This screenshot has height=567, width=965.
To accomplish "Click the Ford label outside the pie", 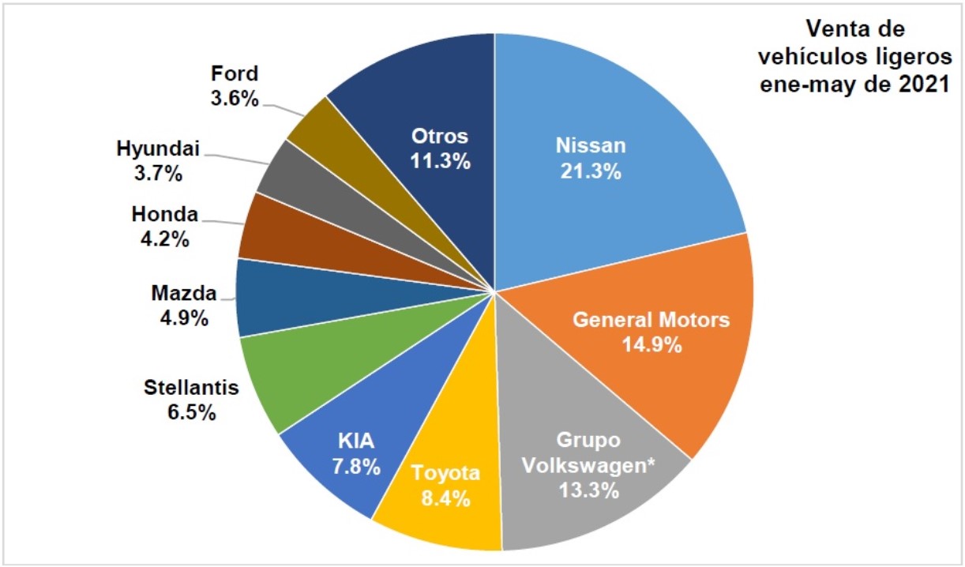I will pos(234,74).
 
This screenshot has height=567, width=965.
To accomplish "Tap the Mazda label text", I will pos(183,294).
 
